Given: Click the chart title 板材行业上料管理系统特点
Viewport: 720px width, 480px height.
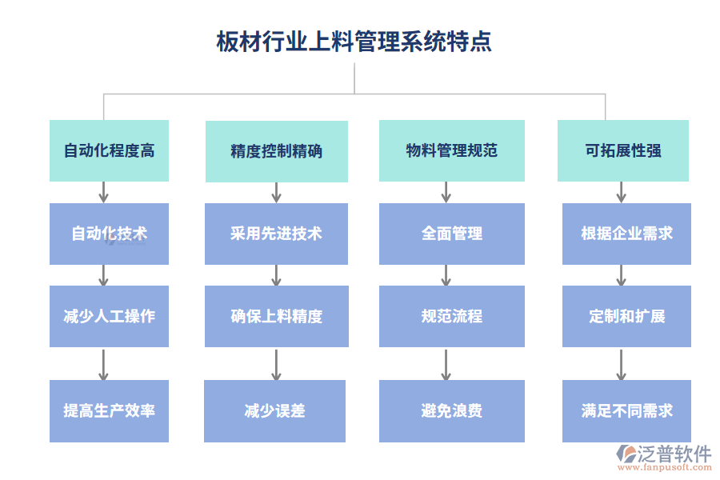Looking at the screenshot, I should [354, 42].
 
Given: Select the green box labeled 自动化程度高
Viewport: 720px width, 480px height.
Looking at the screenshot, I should [109, 150].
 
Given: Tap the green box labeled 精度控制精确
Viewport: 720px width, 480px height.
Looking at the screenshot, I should [277, 151].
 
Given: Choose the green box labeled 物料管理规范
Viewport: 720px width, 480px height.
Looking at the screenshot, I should [452, 150].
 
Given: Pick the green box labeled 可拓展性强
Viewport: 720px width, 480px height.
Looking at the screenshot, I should [623, 150].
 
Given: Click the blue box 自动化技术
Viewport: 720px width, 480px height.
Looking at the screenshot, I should [109, 234].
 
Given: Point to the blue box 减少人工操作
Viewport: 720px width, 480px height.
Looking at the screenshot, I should [109, 316].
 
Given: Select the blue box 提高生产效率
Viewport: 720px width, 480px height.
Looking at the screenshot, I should [109, 411].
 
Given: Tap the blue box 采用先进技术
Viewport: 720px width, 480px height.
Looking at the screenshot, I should [277, 234].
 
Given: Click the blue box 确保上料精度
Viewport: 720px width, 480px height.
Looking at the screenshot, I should [277, 316].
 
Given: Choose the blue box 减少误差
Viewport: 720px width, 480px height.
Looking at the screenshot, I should [275, 411].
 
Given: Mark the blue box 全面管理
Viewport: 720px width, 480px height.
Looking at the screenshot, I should [452, 234].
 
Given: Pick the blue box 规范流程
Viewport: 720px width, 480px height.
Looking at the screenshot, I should [452, 316].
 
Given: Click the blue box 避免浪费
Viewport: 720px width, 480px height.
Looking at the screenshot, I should [452, 411].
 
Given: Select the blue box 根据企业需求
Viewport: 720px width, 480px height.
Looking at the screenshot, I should [626, 234].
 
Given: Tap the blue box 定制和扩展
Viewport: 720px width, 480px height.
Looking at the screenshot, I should [626, 316].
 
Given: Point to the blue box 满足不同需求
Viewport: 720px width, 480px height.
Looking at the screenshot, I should [626, 411].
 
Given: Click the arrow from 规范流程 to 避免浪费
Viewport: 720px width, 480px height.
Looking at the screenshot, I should [446, 364].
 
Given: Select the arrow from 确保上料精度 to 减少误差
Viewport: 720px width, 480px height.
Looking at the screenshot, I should [276, 364].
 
